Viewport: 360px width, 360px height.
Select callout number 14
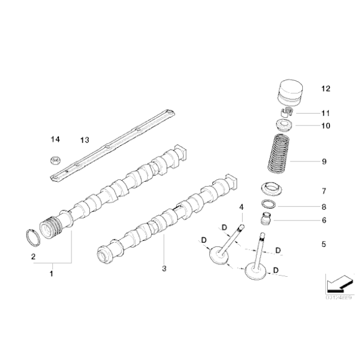(x=55, y=140)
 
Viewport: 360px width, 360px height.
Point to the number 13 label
(x=84, y=140)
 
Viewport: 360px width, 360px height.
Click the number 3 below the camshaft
(x=164, y=268)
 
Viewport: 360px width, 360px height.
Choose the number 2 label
(x=34, y=255)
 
